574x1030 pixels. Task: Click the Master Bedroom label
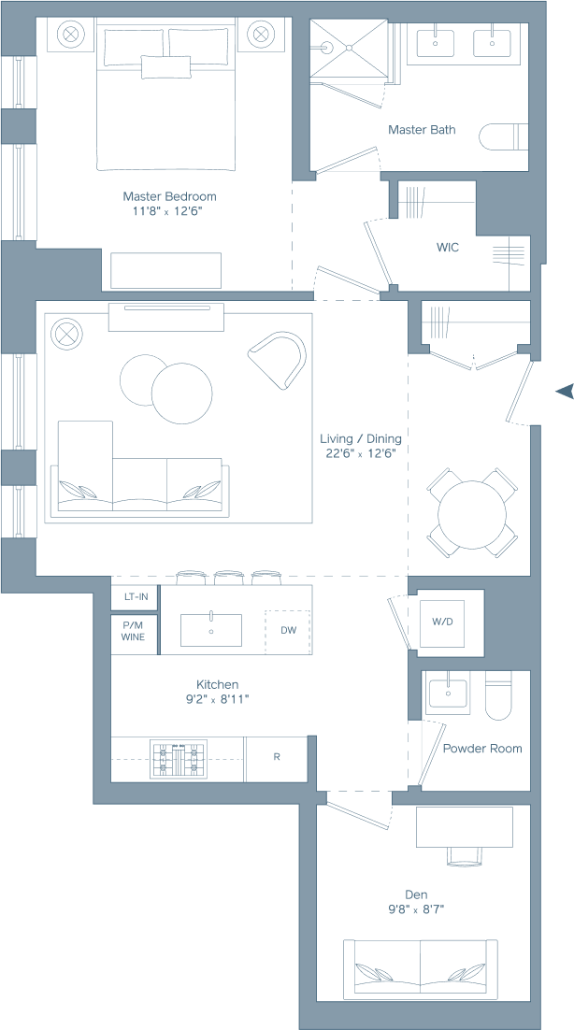coord(169,195)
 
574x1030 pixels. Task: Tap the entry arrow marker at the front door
coord(565,392)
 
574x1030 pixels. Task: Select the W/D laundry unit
coord(442,622)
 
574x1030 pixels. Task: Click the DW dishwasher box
coord(288,631)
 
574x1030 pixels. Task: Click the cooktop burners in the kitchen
coord(179,759)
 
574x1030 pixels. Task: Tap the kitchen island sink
coord(211,630)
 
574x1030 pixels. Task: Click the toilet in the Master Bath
coord(504,136)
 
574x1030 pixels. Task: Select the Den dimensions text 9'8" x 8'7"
coord(416,909)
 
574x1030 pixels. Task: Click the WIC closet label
coord(448,248)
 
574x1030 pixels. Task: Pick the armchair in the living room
coord(279,359)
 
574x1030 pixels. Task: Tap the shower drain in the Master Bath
coord(349,48)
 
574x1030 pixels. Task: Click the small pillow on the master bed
coord(166,67)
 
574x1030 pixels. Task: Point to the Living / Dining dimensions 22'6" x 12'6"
coord(361,452)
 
